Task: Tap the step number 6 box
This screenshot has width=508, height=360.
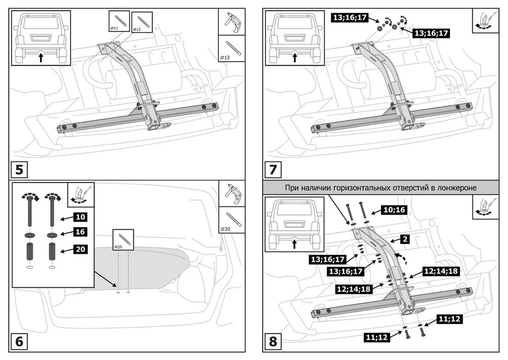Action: click(19, 341)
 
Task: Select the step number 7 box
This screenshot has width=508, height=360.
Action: click(273, 168)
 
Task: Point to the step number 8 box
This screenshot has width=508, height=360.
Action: click(273, 341)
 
